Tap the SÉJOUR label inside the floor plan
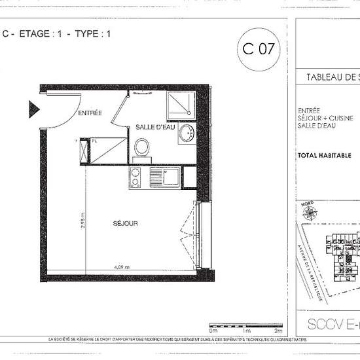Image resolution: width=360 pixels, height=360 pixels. coord(124,223)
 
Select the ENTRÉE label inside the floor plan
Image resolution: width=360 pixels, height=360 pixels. coord(90,113)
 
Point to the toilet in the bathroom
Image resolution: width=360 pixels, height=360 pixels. coord(141,147)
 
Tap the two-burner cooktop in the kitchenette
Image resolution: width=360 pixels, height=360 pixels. coord(135,177)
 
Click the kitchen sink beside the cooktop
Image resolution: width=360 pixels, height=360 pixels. coord(171,176)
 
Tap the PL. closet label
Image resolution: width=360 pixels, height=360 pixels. coord(94,140)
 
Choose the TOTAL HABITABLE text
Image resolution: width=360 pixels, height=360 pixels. coord(325,156)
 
